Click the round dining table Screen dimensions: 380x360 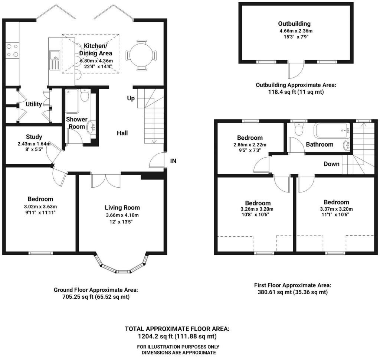[141, 55]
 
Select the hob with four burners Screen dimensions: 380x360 [12, 50]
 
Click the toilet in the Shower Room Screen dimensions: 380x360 [85, 95]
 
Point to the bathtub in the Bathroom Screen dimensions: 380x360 [332, 130]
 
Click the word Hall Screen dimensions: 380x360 [122, 133]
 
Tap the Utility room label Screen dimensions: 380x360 [34, 104]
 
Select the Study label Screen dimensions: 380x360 [34, 137]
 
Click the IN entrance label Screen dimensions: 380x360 [173, 161]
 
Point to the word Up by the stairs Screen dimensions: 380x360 [131, 98]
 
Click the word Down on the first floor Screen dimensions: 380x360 [331, 164]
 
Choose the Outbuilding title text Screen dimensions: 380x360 [294, 23]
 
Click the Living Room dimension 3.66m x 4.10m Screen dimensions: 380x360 [122, 215]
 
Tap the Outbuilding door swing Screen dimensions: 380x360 [296, 70]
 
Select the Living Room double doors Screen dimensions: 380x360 [106, 181]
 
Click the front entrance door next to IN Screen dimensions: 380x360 [157, 160]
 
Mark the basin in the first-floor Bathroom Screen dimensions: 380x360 [347, 145]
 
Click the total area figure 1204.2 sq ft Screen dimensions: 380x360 [155, 337]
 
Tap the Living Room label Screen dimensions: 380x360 [122, 208]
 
